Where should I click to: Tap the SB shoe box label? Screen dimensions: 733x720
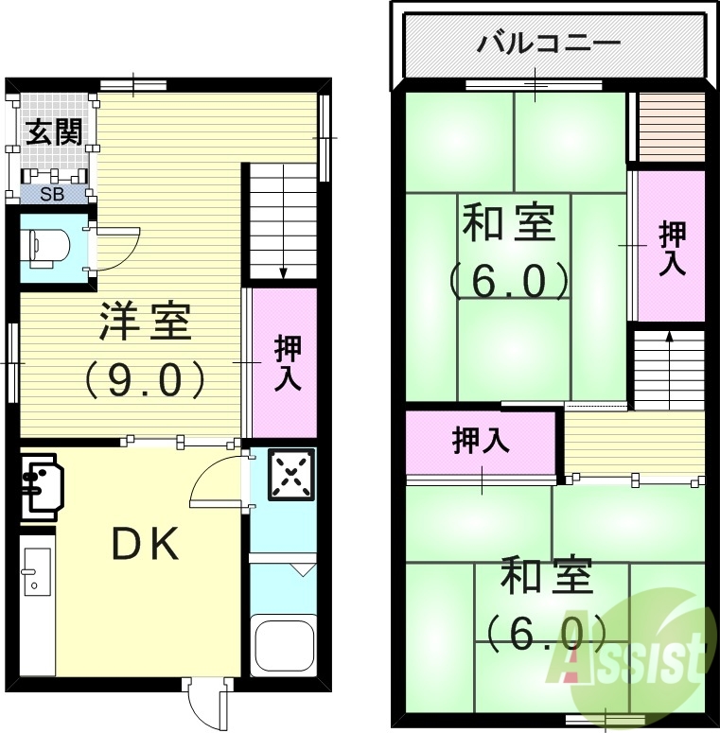(x=52, y=195)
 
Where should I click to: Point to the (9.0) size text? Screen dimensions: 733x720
(x=146, y=380)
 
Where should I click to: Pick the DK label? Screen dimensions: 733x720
(x=146, y=544)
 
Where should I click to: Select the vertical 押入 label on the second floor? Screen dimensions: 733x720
(x=672, y=248)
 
